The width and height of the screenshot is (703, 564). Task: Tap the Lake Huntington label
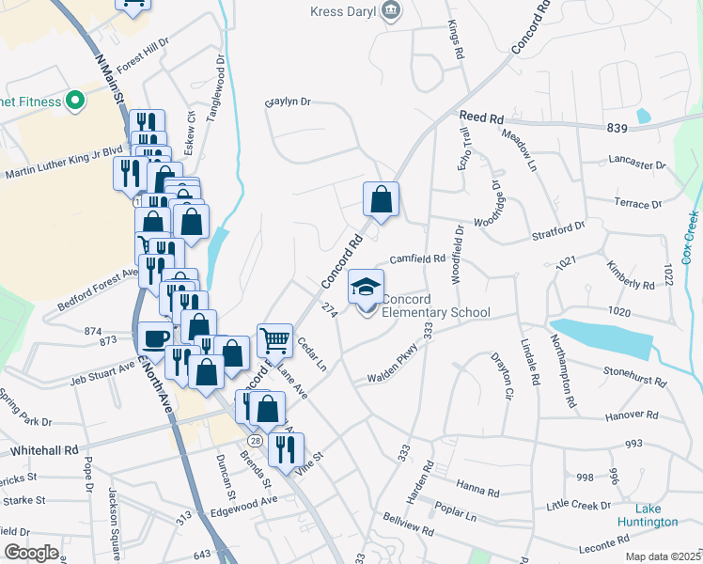coord(647,514)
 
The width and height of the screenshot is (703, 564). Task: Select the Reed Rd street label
coord(481,117)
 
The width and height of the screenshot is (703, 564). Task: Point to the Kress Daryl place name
coord(344,11)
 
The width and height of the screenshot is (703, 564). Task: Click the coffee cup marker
coord(156,337)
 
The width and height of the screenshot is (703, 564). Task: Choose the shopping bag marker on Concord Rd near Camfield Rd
coord(381,199)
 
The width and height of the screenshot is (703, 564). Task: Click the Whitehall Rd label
coord(44,451)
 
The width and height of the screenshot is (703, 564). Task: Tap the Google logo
coord(31,553)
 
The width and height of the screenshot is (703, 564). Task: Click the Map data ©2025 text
coord(663,556)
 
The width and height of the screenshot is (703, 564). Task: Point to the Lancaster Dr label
coord(636,163)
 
